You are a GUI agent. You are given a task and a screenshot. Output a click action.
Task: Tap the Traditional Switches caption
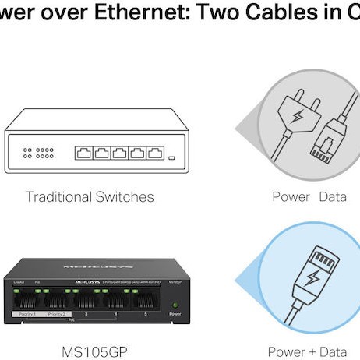(x=90, y=196)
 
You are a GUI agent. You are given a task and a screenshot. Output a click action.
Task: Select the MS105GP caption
(x=90, y=351)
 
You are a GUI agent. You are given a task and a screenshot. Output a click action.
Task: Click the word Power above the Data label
(x=291, y=196)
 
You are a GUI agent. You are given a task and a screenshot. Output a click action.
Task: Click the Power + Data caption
(x=307, y=351)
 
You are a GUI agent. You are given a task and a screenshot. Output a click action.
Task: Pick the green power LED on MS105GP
(x=175, y=304)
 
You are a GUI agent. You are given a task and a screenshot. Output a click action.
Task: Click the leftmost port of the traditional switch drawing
(x=83, y=153)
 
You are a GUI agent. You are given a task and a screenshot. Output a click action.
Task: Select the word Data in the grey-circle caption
(x=333, y=196)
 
